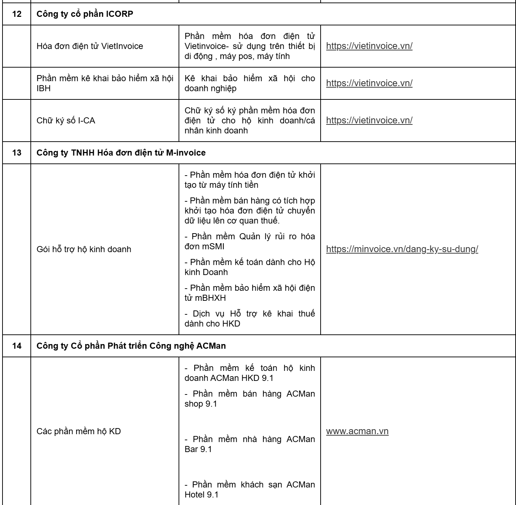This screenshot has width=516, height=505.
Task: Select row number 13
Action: coord(16,153)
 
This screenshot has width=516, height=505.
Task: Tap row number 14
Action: coord(16,346)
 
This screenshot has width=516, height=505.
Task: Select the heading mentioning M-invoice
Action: coord(121,153)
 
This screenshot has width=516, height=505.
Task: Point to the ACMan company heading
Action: coord(131,346)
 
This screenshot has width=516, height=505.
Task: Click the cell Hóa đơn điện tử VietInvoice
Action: coord(89,46)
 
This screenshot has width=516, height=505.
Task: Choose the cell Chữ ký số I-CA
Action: coord(66,121)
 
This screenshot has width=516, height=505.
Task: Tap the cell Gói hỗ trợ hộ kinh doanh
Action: coord(84,249)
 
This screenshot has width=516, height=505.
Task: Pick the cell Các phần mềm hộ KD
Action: coord(79,431)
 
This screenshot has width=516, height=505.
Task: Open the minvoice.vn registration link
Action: coord(402,249)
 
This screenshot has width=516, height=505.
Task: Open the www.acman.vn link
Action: coord(357,431)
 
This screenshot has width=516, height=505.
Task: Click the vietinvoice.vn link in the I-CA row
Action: coord(369,120)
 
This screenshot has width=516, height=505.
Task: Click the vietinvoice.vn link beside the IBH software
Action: coord(369,83)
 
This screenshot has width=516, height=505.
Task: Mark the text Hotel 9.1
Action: coord(201,495)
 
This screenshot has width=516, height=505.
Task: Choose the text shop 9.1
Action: coord(200,404)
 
